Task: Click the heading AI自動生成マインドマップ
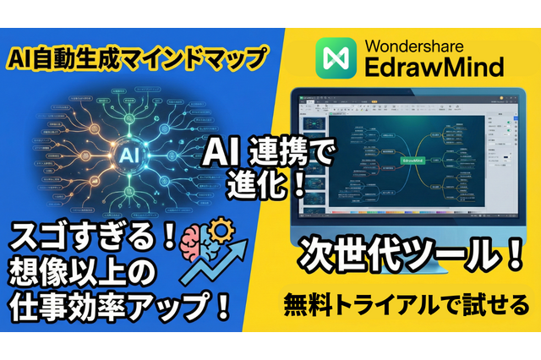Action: point(134,58)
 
